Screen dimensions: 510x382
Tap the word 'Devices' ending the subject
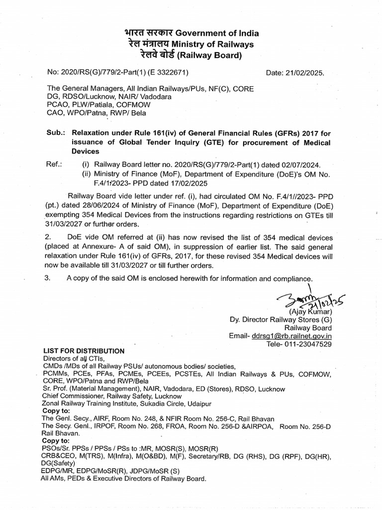point(86,151)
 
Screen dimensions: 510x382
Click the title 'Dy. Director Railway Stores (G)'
point(280,320)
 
